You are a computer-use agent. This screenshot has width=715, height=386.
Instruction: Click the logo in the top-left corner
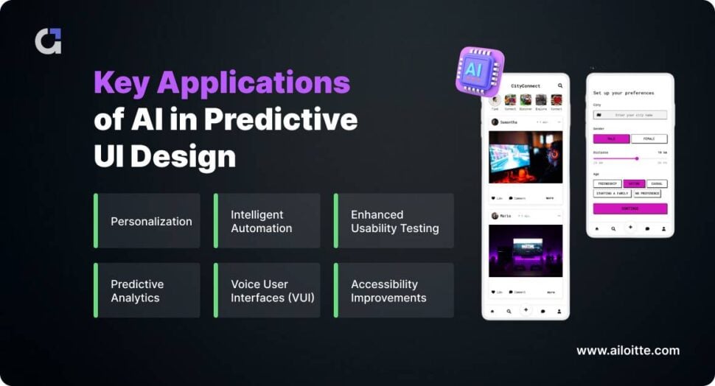click(x=48, y=41)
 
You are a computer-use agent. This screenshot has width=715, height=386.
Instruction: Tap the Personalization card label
click(x=151, y=221)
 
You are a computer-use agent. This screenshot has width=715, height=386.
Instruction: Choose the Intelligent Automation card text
click(x=261, y=221)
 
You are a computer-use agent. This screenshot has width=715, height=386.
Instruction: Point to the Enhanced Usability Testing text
click(x=394, y=221)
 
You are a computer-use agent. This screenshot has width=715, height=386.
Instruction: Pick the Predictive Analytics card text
click(x=137, y=291)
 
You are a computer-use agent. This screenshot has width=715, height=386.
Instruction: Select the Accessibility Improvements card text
click(x=388, y=291)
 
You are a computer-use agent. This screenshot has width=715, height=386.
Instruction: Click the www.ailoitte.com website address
click(x=628, y=351)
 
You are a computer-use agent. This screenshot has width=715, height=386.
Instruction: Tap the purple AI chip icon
click(x=480, y=71)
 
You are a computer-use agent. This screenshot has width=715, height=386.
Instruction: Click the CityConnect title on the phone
click(x=526, y=86)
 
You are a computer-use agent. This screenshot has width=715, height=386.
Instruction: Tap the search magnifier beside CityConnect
click(x=560, y=86)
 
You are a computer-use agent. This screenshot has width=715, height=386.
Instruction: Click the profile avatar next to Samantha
click(x=495, y=122)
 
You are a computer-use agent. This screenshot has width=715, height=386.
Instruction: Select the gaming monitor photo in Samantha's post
click(x=526, y=157)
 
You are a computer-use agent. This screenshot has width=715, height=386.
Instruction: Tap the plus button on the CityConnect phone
click(x=526, y=310)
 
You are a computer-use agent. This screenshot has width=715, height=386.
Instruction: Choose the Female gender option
click(x=649, y=138)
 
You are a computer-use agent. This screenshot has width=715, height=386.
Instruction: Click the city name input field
click(x=630, y=115)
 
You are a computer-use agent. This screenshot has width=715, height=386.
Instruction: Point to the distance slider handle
click(x=637, y=158)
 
